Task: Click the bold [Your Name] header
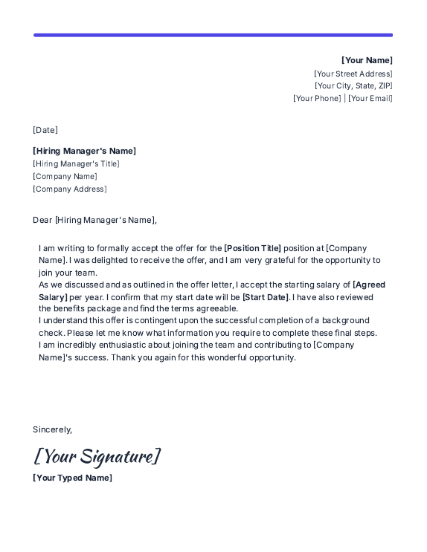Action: (x=367, y=60)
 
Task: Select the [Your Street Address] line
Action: (x=353, y=74)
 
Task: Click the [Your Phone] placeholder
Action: (x=317, y=98)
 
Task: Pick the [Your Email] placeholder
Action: (x=370, y=98)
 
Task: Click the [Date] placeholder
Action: (x=45, y=130)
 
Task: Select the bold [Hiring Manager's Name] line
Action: (x=84, y=151)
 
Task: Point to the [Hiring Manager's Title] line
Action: (x=76, y=163)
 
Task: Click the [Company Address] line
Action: (x=70, y=189)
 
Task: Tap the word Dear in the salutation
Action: (x=42, y=220)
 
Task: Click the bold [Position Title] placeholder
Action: (x=253, y=248)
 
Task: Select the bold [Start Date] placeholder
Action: (x=266, y=297)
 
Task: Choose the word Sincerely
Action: (x=52, y=429)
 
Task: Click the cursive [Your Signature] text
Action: (x=97, y=455)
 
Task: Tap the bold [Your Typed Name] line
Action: (x=72, y=478)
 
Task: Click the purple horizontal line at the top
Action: (x=213, y=35)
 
